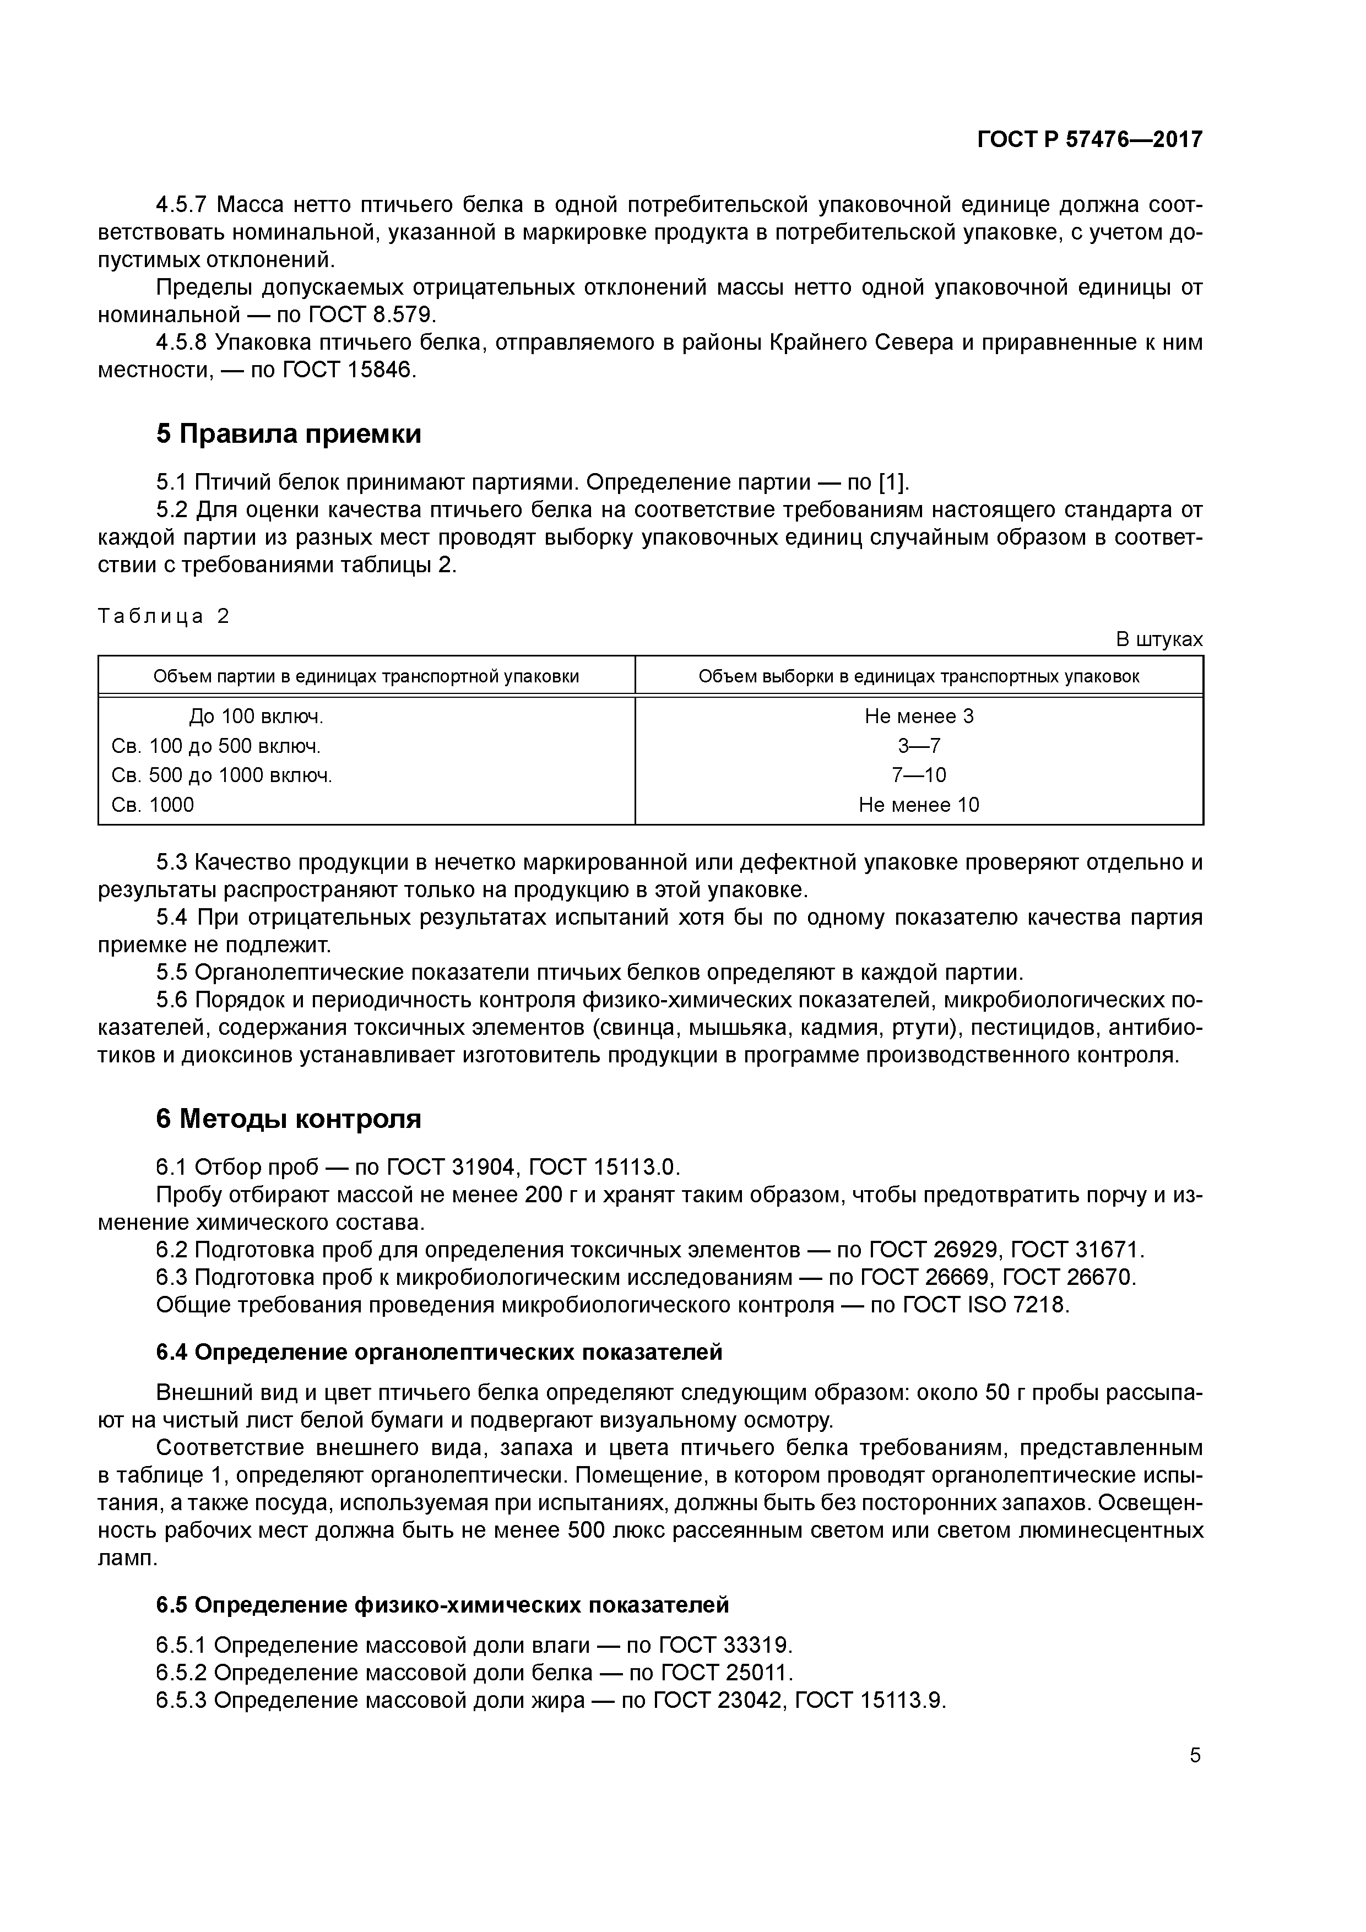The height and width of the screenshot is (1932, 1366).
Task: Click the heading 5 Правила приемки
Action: click(288, 434)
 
